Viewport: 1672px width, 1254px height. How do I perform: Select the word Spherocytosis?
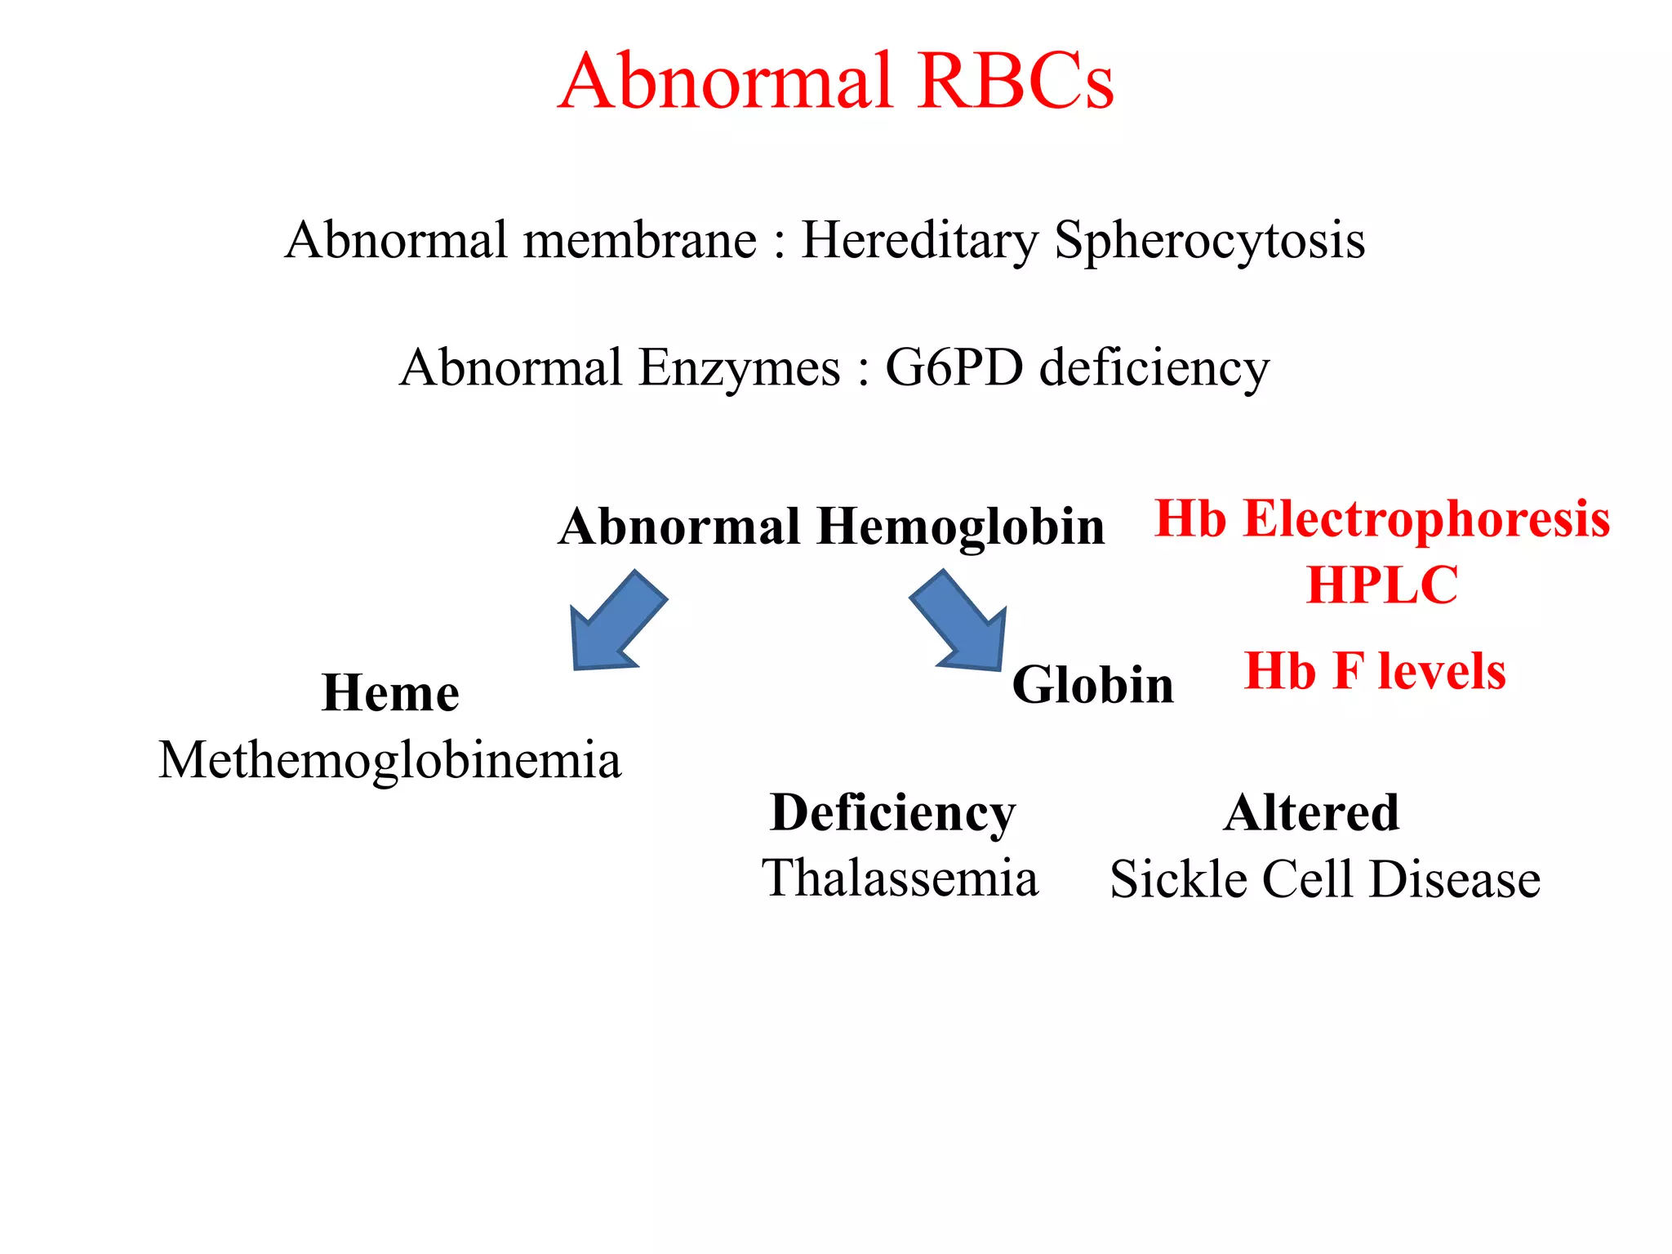(1209, 241)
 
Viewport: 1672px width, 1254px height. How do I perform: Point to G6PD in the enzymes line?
(954, 368)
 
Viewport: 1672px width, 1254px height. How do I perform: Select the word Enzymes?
(739, 368)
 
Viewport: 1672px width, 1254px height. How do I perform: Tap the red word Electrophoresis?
(1425, 519)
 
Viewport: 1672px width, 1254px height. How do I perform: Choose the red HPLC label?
(1381, 585)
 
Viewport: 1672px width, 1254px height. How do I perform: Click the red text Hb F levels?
(1374, 672)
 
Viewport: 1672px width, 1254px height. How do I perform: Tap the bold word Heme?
(390, 694)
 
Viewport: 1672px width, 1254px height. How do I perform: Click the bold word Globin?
(1092, 685)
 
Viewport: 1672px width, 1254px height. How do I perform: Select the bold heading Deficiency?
(892, 813)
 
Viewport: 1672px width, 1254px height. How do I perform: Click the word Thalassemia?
(900, 879)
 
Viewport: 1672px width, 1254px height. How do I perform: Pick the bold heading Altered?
(1311, 813)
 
